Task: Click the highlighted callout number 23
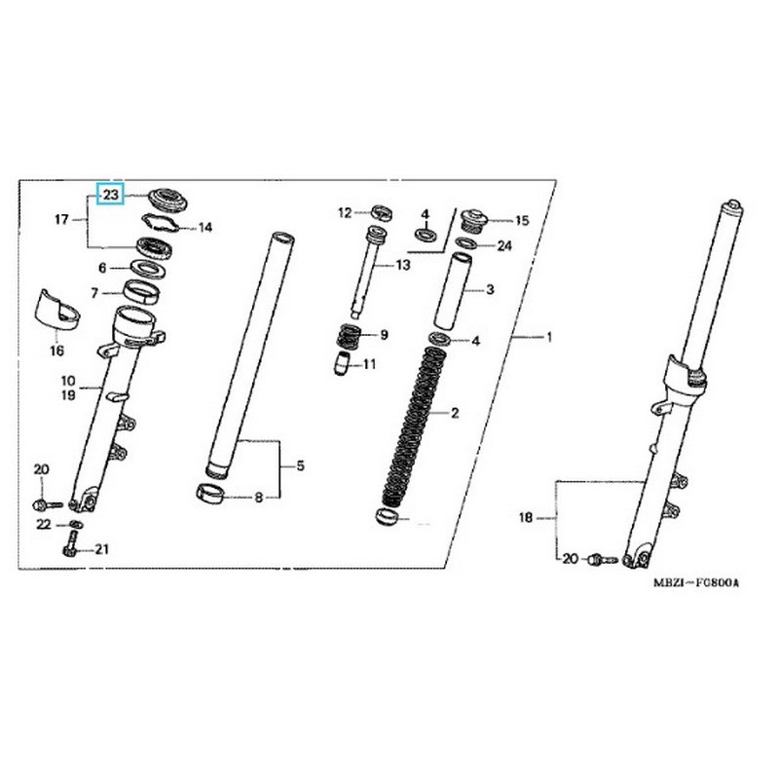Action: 111,195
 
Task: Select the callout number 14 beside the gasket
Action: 205,228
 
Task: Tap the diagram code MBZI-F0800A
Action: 695,582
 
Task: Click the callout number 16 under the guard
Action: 57,351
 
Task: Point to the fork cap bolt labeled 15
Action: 475,220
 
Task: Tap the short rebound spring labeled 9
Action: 351,336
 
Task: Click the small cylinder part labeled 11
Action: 342,364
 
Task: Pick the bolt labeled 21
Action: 70,544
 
